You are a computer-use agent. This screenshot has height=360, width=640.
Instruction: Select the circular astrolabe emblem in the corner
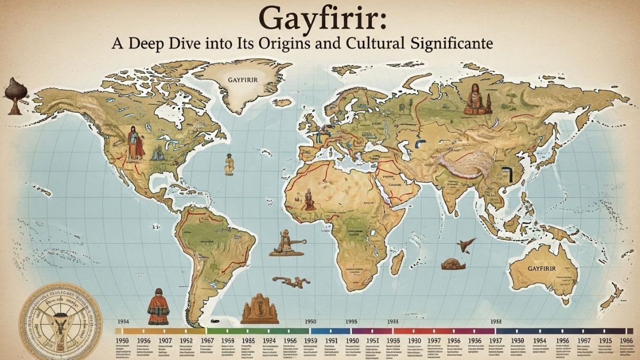click(53, 322)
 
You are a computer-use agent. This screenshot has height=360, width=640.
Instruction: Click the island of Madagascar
click(397, 262)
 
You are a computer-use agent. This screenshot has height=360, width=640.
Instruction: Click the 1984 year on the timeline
click(540, 340)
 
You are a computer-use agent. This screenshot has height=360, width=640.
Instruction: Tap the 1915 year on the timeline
click(604, 340)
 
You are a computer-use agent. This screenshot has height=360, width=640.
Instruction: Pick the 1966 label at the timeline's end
click(628, 340)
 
